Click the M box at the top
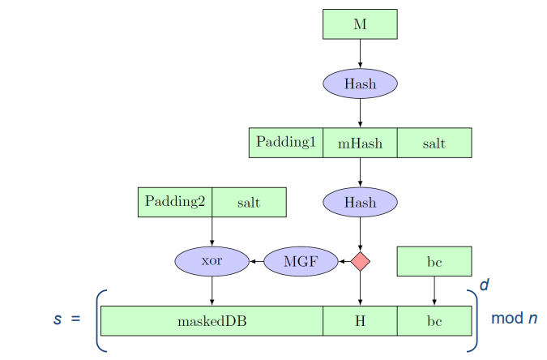(x=360, y=24)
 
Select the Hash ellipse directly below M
(x=360, y=84)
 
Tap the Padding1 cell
(x=286, y=143)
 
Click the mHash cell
(x=360, y=143)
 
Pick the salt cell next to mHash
(x=434, y=143)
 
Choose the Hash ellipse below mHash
(x=360, y=202)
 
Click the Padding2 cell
(x=175, y=202)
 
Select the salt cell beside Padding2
(x=249, y=202)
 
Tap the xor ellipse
(x=212, y=261)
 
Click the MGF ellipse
(x=301, y=261)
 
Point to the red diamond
(x=360, y=261)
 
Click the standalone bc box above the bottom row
(x=434, y=261)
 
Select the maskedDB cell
(x=212, y=320)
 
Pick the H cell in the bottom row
(x=360, y=320)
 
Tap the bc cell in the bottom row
(x=434, y=320)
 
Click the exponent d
(x=485, y=285)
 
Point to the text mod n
(x=515, y=318)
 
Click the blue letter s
(x=58, y=319)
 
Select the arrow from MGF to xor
(x=256, y=261)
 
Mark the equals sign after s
(x=75, y=319)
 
